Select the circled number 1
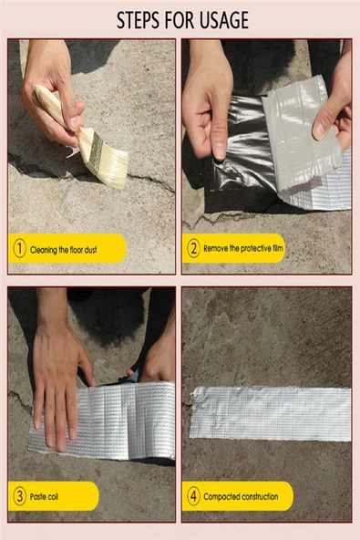19,247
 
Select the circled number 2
193,247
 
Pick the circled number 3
19,496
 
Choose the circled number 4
193,496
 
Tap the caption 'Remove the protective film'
244,248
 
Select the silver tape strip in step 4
271,412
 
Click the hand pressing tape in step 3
57,374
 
